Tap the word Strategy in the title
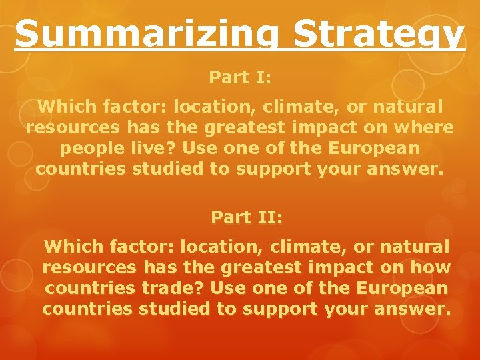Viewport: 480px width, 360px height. point(366,35)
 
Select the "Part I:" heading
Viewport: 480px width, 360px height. point(240,77)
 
